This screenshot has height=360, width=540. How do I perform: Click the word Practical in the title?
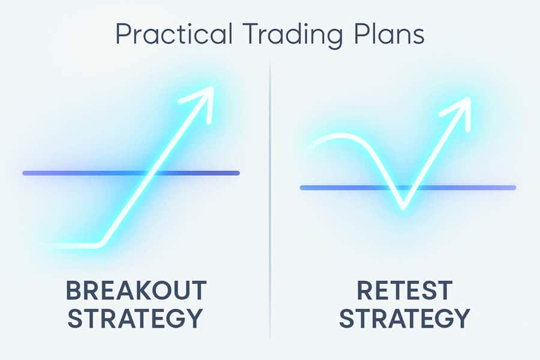173,34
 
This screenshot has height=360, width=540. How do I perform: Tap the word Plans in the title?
389,34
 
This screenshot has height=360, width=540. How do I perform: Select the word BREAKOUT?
136,290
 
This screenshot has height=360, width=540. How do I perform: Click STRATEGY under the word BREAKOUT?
134,318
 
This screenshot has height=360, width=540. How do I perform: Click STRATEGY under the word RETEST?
404,318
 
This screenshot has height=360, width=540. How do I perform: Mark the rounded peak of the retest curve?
341,136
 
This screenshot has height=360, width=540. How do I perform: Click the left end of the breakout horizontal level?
25,173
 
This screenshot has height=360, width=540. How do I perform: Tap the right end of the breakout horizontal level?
238,173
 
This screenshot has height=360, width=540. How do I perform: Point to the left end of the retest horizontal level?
302,188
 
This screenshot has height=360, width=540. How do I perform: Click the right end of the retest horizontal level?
514,188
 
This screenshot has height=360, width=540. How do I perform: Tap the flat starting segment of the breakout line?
71,246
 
